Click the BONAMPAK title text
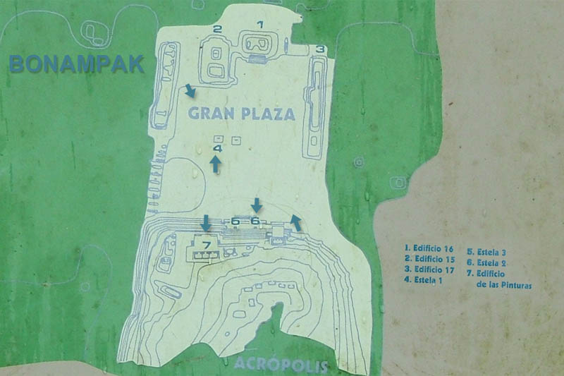[x=77, y=64]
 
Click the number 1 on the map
[x=259, y=25]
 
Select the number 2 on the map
[x=218, y=29]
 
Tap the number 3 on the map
[x=319, y=49]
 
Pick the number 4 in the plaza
[x=217, y=149]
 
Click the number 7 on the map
[x=207, y=245]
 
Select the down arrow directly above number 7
[x=206, y=222]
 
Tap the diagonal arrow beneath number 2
[x=190, y=91]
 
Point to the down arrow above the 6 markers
[x=257, y=205]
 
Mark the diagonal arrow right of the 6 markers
[x=296, y=223]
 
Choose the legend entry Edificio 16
[x=429, y=248]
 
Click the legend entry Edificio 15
[x=429, y=259]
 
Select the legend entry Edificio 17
[x=429, y=269]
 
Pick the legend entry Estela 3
[x=492, y=252]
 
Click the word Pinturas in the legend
[x=513, y=286]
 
